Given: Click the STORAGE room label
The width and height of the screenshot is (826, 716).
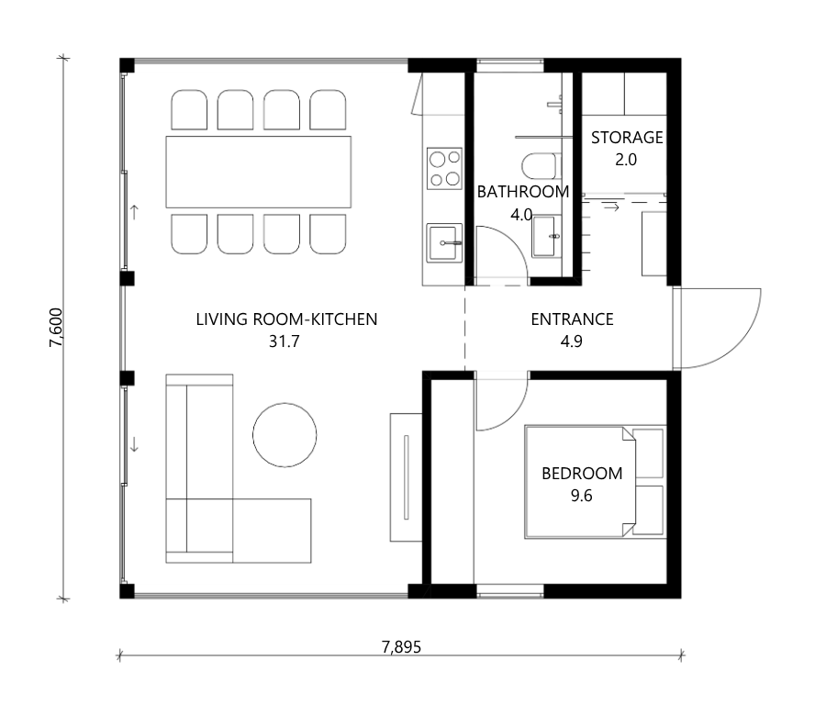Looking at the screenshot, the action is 626,138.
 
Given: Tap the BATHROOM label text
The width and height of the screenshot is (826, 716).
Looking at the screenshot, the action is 522,192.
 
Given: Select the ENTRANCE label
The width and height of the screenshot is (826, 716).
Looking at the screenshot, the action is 572,319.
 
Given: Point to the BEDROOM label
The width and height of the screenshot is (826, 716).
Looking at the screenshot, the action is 582,474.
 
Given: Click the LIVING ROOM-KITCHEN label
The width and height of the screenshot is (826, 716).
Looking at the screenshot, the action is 286,319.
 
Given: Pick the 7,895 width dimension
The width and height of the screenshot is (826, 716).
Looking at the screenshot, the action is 401,647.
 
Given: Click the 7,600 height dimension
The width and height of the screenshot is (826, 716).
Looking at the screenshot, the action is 56,328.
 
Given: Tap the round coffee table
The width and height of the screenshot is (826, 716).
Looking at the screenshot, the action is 285,435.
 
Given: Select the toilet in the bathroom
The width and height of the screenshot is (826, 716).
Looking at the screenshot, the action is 539,166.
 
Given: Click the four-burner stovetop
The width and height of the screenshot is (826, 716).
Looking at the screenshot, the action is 444,168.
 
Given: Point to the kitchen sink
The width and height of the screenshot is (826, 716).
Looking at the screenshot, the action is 444,243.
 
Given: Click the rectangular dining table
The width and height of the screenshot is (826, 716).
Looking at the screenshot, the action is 259,172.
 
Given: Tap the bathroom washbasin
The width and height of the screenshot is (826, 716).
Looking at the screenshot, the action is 546,236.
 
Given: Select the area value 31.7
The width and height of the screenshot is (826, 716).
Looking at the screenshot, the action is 285,341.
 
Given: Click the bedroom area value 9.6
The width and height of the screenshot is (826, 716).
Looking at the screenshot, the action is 582,496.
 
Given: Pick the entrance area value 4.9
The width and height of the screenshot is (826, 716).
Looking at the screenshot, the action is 572,341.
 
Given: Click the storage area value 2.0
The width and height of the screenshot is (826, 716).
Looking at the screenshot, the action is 626,160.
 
